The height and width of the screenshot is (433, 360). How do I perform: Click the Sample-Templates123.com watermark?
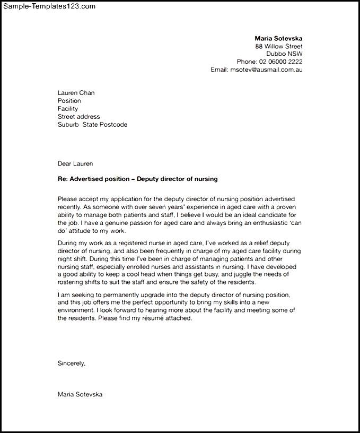click(x=48, y=6)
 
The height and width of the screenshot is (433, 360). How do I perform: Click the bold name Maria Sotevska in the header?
click(x=278, y=38)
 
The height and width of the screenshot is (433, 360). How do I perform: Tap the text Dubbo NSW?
click(x=284, y=54)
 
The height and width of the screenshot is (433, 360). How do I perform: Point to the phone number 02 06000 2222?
click(x=281, y=62)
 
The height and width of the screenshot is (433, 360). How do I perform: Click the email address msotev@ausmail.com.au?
click(x=266, y=70)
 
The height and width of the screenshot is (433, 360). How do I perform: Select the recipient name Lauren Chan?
click(x=76, y=93)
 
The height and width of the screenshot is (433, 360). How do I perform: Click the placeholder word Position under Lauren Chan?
click(x=69, y=101)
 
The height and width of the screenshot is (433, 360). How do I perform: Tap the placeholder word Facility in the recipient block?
click(x=68, y=109)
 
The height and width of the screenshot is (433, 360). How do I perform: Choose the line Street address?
click(x=78, y=117)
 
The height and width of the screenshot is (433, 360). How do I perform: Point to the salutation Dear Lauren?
click(x=75, y=163)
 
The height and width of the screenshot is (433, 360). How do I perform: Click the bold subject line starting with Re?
click(x=138, y=179)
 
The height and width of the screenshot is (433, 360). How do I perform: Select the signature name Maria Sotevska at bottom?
click(x=80, y=394)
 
